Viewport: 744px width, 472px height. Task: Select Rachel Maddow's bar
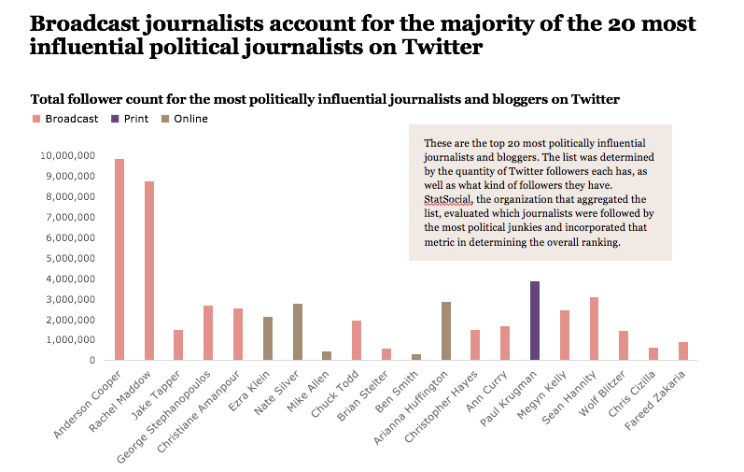click(x=149, y=271)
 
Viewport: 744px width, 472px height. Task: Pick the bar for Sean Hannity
click(x=595, y=329)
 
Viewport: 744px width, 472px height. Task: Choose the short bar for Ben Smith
click(x=416, y=357)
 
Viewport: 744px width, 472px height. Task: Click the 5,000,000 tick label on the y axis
click(x=69, y=258)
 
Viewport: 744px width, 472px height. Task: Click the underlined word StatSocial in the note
click(x=443, y=200)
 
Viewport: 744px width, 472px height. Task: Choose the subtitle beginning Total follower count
click(x=326, y=99)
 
